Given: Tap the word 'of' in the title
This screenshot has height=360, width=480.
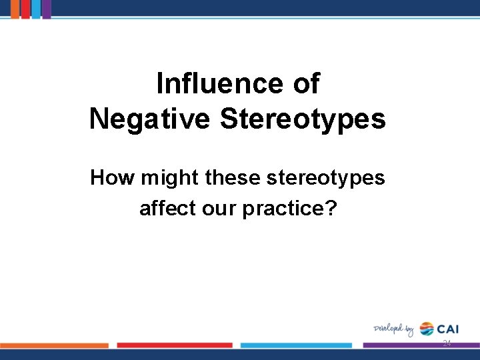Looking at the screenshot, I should click(306, 84).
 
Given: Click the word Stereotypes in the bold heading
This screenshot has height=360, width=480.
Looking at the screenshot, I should click(302, 119).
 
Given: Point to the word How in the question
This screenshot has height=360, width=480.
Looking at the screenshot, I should click(112, 178).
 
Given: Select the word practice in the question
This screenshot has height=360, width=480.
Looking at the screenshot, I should click(283, 208).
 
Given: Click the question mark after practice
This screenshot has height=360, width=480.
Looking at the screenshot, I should click(332, 208).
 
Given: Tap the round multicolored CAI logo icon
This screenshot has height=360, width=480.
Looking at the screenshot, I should click(426, 329).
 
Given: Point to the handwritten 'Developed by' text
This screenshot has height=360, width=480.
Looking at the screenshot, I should click(393, 329).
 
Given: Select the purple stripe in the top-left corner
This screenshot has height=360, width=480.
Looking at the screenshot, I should click(47, 9).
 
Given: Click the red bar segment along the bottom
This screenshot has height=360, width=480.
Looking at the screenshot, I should click(175, 345).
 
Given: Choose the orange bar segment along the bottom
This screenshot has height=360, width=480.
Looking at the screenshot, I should click(54, 345).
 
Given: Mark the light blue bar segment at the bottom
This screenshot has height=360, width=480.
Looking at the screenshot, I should click(296, 345).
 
